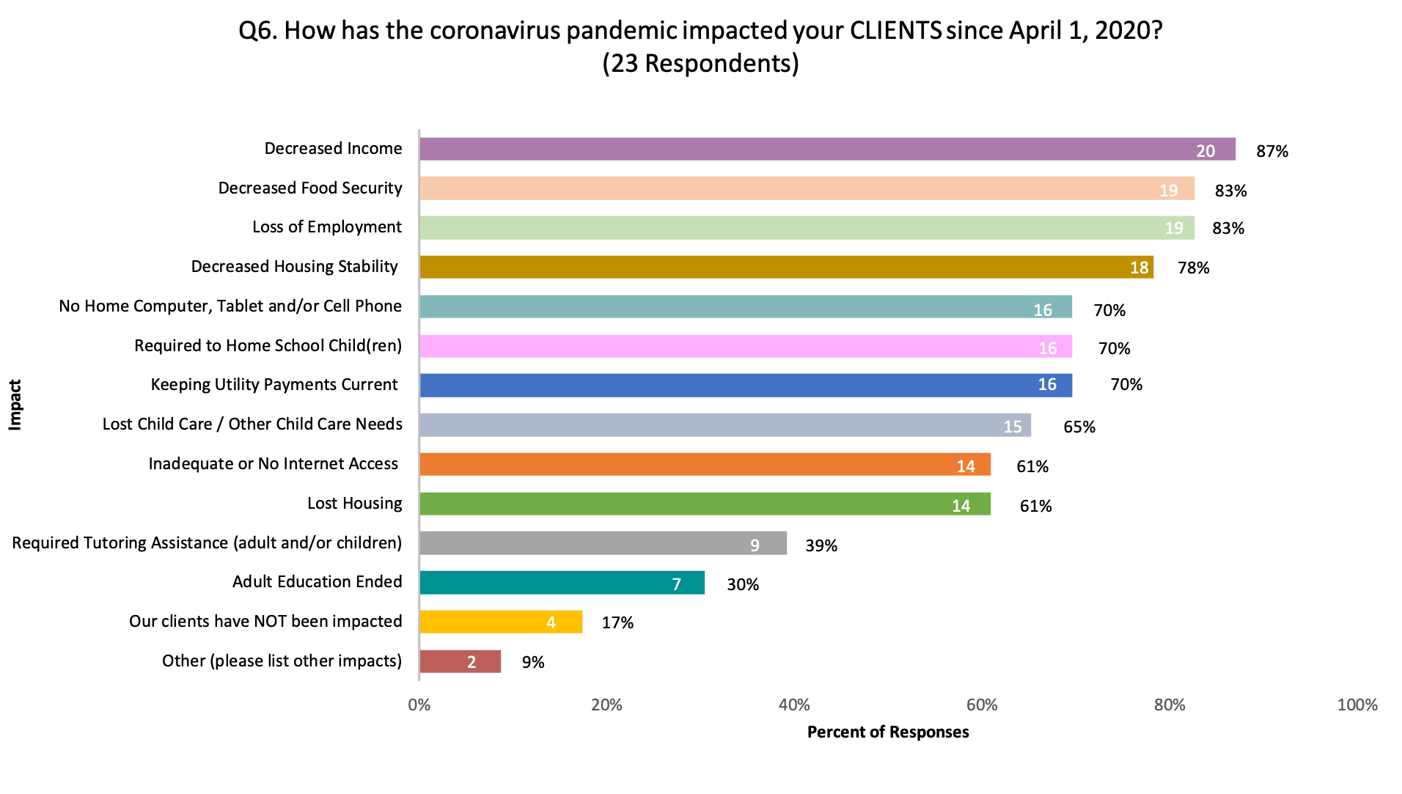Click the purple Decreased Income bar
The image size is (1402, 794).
point(827,149)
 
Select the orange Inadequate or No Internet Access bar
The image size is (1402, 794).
point(704,464)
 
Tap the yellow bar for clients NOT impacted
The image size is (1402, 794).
point(501,622)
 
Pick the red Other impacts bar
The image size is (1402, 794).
point(460,661)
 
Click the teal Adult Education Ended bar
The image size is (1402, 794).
point(562,583)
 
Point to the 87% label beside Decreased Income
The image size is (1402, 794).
point(1271,151)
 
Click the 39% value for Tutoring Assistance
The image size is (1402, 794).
point(821,545)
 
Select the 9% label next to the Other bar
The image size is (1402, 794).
point(532,662)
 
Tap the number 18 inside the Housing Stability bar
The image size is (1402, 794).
point(1139,268)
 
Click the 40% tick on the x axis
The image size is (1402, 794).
point(794,705)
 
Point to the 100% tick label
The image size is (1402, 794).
point(1357,705)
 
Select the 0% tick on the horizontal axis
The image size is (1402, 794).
point(419,705)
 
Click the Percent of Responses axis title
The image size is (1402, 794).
point(887,732)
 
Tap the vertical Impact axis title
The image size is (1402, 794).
point(15,404)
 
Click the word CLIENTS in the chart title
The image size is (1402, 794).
point(895,30)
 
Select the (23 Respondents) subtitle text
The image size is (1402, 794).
point(700,64)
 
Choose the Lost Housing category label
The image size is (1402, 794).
point(354,503)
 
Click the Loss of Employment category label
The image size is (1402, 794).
point(326,227)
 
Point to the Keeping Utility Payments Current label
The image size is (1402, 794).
point(274,384)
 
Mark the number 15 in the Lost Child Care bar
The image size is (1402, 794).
point(1012,426)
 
